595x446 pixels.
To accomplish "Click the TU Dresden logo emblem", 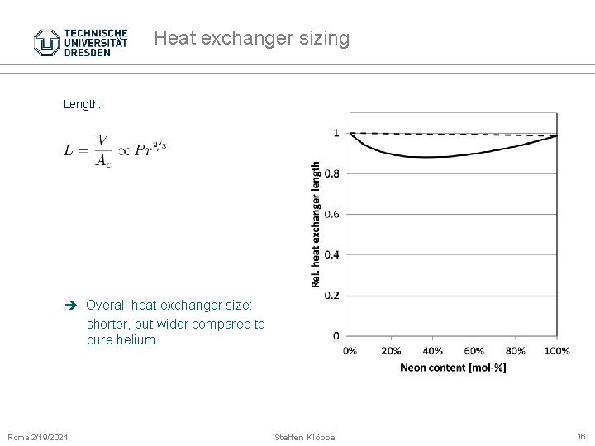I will [x=47, y=42].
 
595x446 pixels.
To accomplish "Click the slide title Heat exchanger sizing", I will [x=251, y=38].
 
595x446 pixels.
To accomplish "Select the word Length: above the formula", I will [x=82, y=105].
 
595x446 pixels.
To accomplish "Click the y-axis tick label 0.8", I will [x=331, y=173].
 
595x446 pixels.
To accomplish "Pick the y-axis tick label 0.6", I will [x=331, y=214].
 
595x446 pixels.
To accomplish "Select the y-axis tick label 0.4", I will [x=331, y=254].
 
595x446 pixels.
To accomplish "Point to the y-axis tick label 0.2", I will [x=331, y=295].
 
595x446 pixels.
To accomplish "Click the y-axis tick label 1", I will [x=336, y=133].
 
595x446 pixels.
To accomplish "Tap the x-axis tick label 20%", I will [x=391, y=351].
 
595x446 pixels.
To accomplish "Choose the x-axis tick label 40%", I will [x=432, y=351].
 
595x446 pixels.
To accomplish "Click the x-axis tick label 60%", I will [x=474, y=351].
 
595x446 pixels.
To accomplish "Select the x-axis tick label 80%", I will [x=516, y=351].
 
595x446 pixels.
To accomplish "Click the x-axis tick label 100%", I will [x=557, y=351].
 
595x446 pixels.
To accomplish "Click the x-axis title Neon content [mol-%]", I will [x=453, y=368].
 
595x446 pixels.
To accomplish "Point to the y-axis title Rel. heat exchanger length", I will [x=316, y=224].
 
